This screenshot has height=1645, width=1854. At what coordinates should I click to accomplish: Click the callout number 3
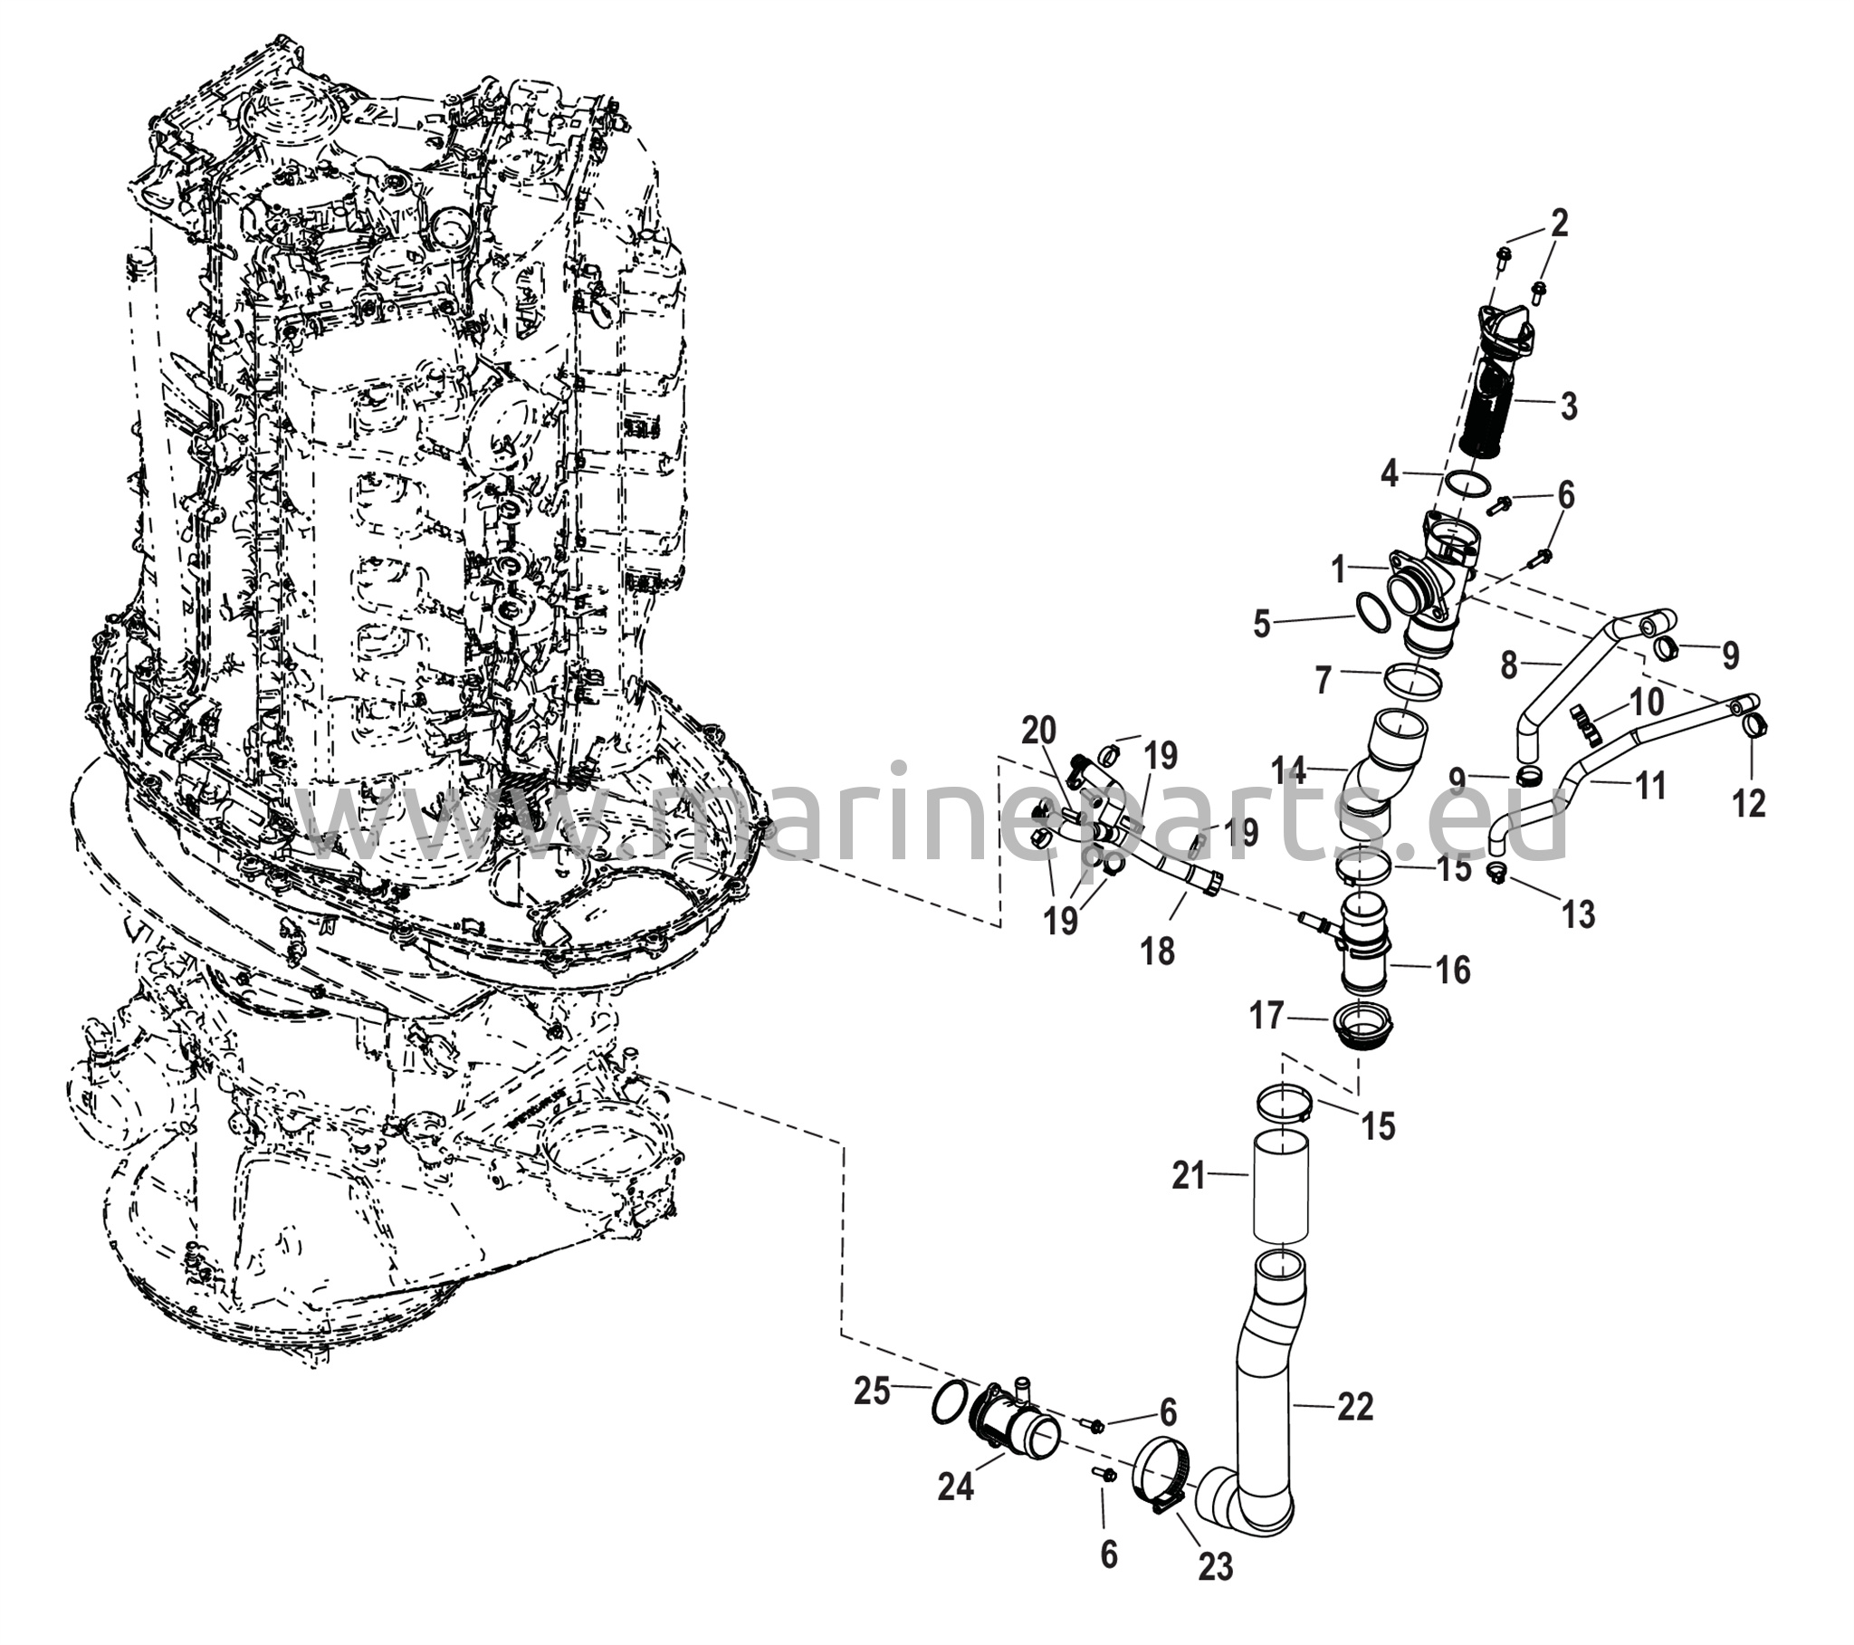[x=1594, y=406]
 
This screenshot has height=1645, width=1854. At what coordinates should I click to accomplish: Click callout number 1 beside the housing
[x=1339, y=570]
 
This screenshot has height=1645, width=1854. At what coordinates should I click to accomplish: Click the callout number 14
[x=1288, y=771]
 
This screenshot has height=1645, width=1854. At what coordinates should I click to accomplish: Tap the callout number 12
[x=1749, y=803]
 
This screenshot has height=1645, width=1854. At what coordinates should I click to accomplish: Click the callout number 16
[x=1453, y=969]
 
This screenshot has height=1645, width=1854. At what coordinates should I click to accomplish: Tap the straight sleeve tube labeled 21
[x=1284, y=1186]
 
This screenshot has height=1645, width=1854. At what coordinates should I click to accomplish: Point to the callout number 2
[x=1558, y=224]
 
